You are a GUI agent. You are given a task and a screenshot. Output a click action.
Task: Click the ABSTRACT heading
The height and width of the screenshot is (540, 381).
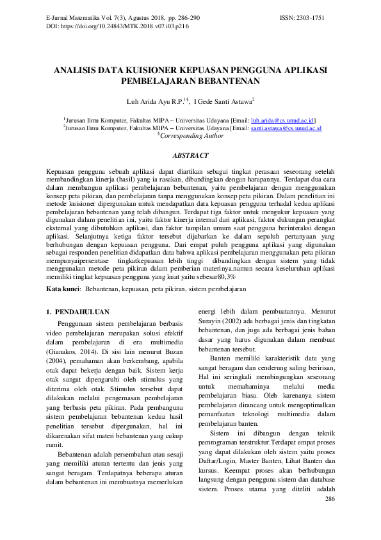(191, 155)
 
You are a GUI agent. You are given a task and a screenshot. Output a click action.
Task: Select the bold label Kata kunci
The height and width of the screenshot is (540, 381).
(63, 289)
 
